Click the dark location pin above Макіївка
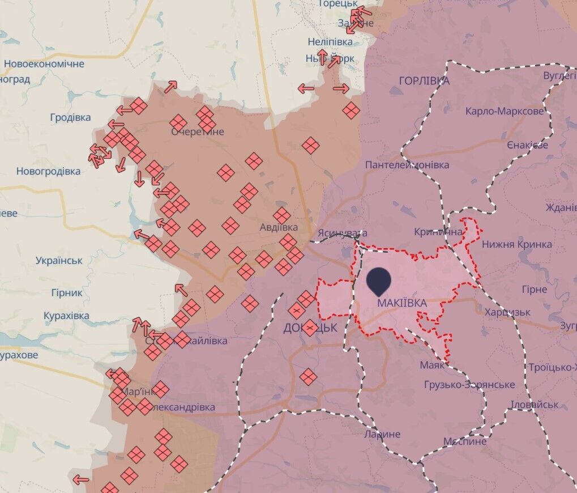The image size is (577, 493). [379, 280]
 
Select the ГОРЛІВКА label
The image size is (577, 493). [424, 81]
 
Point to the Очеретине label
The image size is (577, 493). [198, 132]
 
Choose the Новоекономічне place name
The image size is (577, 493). [44, 64]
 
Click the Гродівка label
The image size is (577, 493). [70, 118]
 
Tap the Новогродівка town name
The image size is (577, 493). [48, 171]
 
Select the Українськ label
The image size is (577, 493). [59, 261]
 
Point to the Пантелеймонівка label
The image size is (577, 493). [407, 165]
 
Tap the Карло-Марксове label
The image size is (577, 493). [504, 111]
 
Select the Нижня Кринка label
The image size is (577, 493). [516, 245]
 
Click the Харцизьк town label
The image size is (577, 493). [507, 312]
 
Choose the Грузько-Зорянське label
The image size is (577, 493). [469, 385]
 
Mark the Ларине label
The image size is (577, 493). [382, 435]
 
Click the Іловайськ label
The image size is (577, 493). [535, 405]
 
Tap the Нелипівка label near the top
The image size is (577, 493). [330, 42]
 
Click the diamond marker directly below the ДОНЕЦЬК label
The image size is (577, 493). [308, 377]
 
